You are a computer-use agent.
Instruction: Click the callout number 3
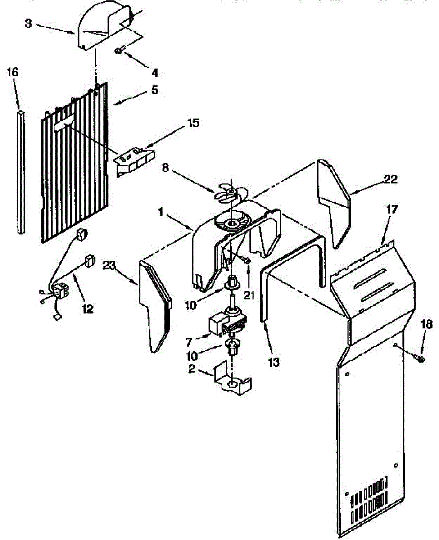click(28, 23)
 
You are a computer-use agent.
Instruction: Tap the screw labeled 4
click(118, 51)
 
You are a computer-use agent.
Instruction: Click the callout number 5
click(154, 90)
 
